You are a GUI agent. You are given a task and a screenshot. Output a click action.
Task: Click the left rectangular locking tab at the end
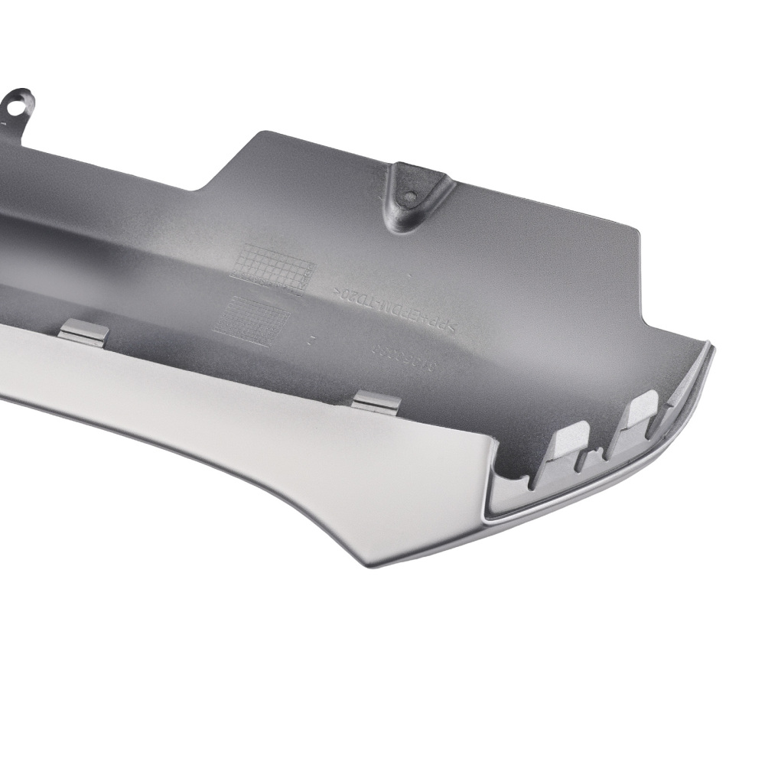pyautogui.click(x=569, y=443)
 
